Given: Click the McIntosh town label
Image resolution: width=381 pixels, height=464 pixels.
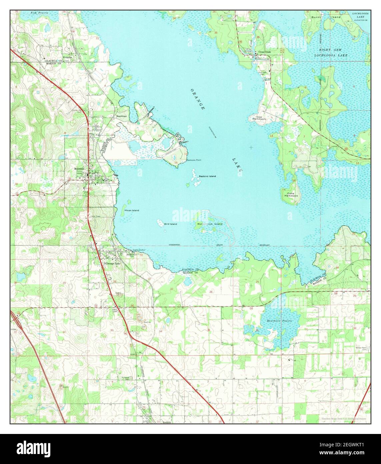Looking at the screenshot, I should pos(79,169).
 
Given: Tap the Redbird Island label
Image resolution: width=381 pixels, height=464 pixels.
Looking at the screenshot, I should pos(207,176).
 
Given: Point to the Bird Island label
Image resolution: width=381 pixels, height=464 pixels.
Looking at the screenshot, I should pos(171,224).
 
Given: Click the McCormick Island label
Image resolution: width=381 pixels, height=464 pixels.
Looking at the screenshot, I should pos(210,224).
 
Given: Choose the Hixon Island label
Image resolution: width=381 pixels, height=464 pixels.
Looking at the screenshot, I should pos(132,210).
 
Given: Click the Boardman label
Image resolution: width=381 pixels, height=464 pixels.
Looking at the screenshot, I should pos(121,116).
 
